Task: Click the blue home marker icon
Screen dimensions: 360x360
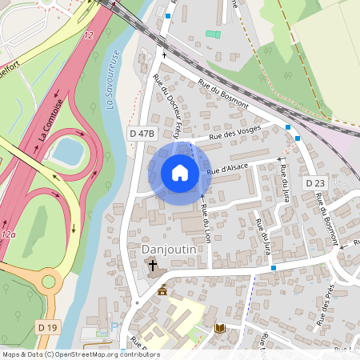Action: (x=180, y=173)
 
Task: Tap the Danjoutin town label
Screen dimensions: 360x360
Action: (x=169, y=249)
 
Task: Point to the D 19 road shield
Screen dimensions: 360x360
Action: (x=47, y=326)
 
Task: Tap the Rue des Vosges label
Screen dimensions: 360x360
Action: (x=235, y=133)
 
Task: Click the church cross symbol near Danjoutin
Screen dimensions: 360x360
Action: (x=152, y=263)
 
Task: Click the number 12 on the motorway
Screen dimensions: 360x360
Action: (x=89, y=35)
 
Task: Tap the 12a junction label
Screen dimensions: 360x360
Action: (x=8, y=234)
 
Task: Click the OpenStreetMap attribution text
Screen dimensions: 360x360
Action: (x=80, y=354)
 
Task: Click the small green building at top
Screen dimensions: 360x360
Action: (x=212, y=34)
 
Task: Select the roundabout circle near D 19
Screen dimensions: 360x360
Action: (x=50, y=282)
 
